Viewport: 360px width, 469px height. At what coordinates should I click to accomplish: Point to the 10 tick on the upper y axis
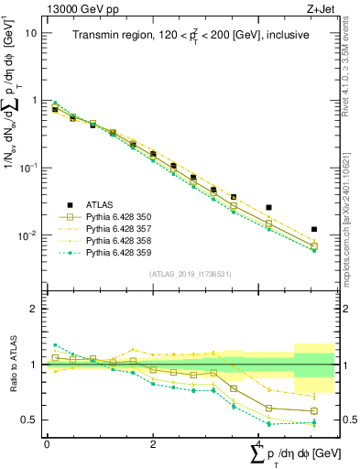[31, 32]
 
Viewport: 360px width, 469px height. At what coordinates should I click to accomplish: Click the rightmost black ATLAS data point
[313, 229]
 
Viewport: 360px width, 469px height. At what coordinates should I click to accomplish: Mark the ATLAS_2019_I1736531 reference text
[190, 274]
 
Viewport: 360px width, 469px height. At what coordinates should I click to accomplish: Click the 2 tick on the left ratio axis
[35, 310]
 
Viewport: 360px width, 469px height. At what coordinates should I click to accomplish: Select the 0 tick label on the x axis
[47, 443]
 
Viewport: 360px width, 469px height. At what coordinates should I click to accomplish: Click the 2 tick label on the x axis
[153, 443]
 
